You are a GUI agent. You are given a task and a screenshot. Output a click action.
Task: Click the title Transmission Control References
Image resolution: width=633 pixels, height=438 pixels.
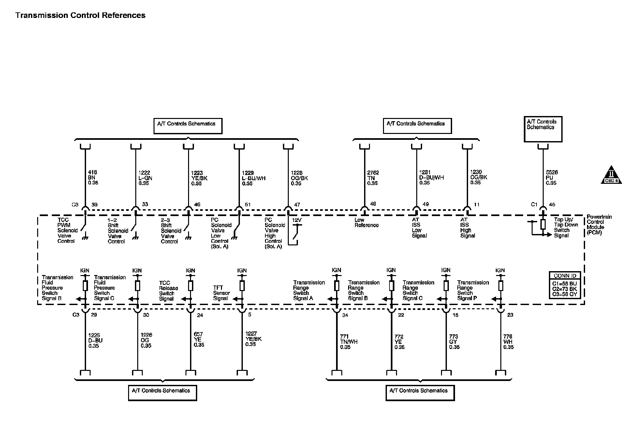point(80,15)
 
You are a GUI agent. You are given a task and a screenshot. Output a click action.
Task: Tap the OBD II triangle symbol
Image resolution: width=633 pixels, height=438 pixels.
point(611,176)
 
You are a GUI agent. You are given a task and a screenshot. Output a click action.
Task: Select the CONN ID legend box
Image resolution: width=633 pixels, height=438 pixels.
point(565,285)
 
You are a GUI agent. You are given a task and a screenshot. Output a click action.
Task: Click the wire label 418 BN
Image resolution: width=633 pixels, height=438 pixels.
point(93,177)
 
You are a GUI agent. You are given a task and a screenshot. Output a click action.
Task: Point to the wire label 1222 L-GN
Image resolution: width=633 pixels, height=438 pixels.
point(145,178)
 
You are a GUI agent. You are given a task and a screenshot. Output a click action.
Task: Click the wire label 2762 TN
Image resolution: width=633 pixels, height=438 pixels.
point(373,178)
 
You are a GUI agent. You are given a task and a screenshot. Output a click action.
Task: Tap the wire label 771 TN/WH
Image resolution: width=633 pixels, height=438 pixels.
point(348,342)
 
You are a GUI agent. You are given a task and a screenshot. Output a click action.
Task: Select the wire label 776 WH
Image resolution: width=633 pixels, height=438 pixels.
point(508,342)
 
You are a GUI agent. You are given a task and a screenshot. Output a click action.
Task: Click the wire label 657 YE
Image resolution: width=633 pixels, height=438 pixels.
point(199,339)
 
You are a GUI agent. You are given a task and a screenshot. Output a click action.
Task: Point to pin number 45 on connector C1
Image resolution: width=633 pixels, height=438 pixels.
point(552,205)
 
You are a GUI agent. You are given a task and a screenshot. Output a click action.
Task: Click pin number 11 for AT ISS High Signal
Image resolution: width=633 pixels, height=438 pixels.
point(477,205)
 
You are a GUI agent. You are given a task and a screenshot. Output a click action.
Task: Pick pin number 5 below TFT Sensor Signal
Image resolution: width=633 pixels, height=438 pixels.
point(249,315)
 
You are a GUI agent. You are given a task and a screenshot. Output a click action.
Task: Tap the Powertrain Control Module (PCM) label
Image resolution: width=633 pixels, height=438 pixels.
point(599,225)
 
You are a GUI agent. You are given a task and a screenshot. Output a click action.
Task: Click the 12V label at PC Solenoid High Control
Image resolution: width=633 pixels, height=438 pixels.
point(297,220)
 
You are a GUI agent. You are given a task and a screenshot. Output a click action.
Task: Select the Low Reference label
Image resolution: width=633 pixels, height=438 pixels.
point(366,223)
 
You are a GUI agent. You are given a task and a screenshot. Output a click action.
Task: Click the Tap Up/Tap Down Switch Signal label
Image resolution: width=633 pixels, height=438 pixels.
point(566,227)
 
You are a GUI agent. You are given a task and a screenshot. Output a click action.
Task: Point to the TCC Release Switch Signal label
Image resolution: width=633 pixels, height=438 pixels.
point(168,291)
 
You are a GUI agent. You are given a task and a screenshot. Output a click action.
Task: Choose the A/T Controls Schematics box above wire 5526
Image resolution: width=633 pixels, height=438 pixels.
point(543,129)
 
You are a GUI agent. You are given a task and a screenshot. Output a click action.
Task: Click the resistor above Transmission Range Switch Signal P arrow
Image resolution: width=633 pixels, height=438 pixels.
point(501,286)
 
